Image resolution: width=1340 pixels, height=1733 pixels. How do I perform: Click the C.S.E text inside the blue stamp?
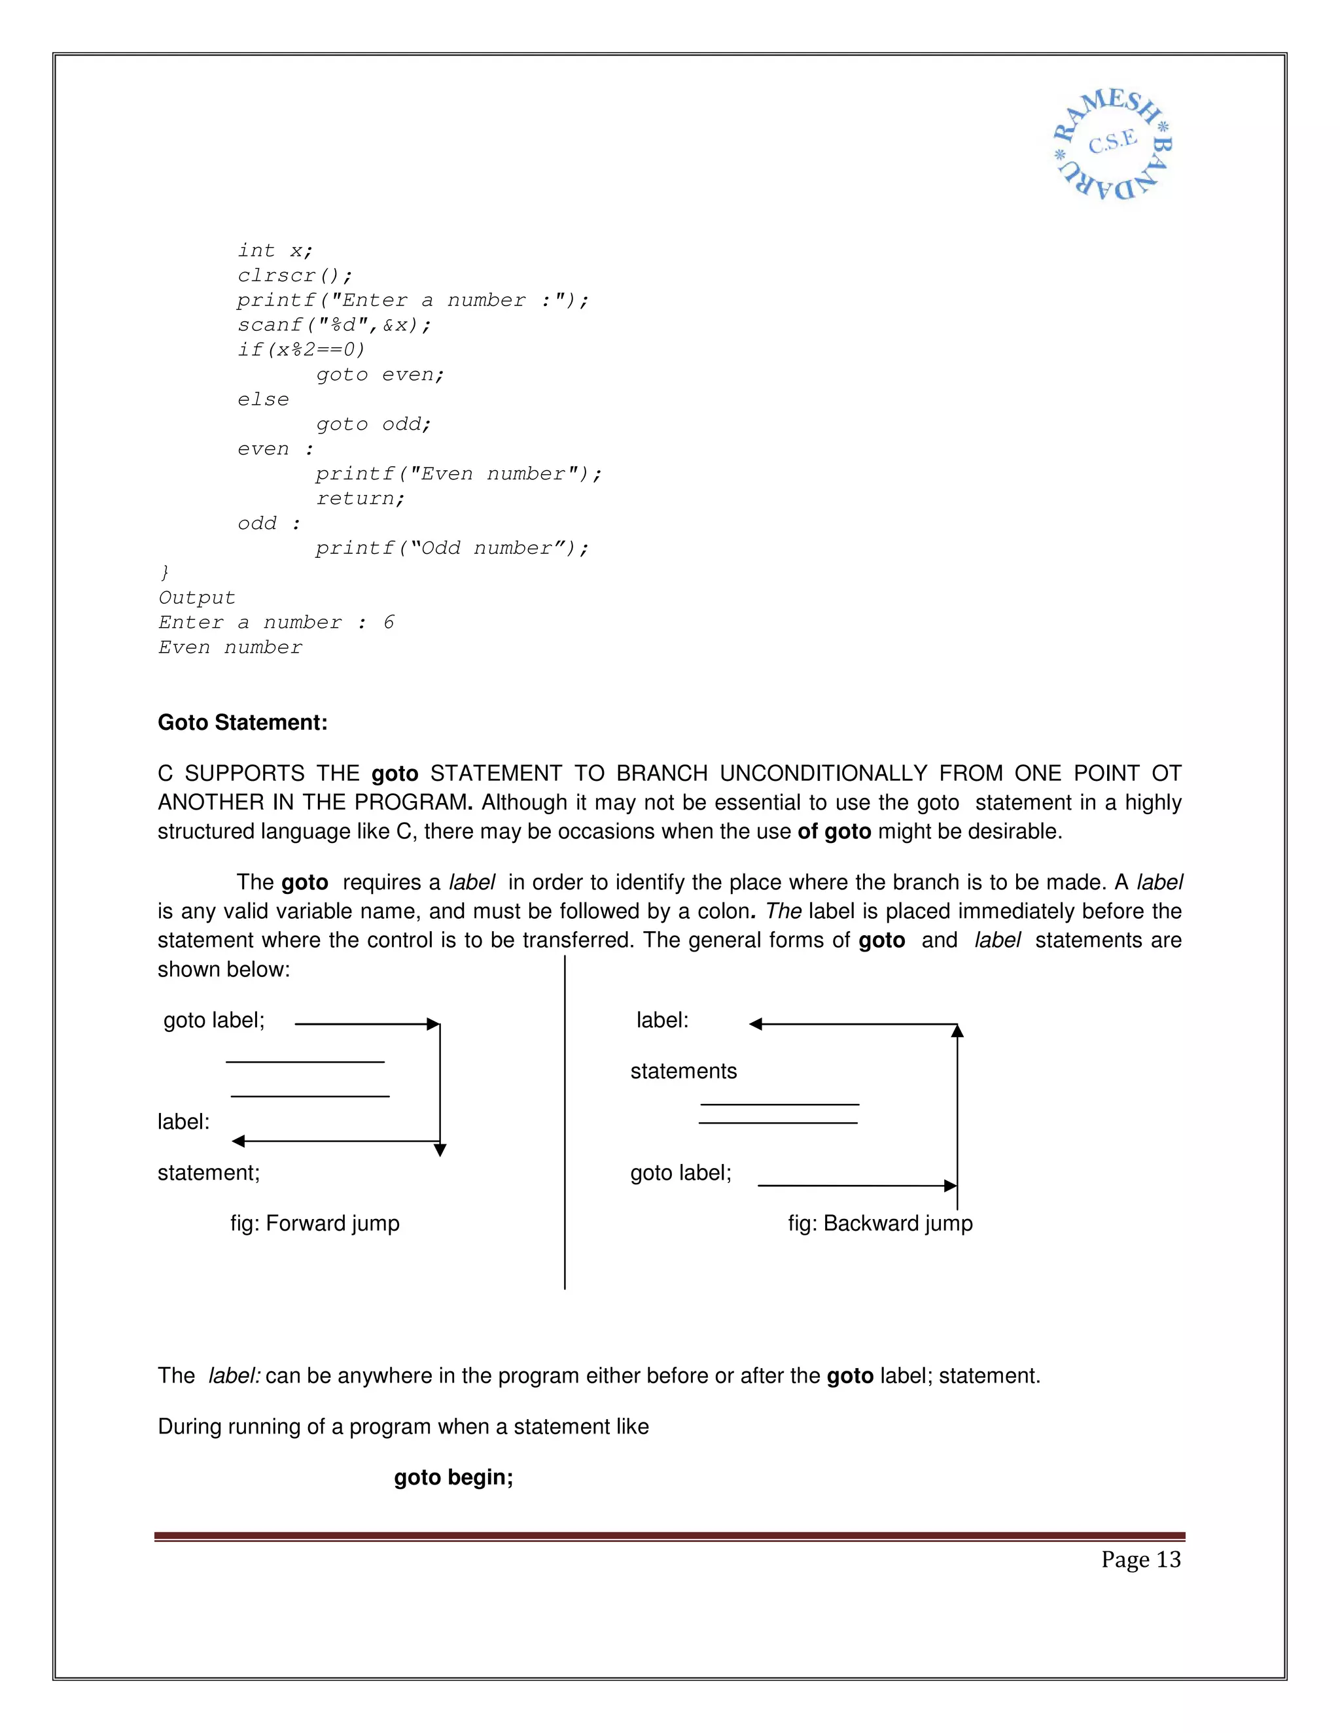1113,143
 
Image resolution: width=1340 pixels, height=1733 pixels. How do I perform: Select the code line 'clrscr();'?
294,275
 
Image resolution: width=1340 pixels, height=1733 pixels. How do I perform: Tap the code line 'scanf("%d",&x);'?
334,324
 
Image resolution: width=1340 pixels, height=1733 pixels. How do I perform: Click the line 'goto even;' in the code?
380,375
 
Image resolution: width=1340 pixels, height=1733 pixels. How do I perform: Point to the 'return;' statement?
361,498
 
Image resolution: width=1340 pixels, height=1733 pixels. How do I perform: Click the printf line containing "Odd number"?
451,548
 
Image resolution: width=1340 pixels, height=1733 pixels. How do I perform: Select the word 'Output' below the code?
197,598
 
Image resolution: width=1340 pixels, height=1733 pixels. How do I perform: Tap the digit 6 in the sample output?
388,622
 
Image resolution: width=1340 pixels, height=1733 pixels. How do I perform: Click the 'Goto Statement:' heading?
242,722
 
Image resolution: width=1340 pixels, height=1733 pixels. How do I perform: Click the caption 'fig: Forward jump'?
315,1223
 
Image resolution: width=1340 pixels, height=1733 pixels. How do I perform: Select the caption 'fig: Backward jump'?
879,1223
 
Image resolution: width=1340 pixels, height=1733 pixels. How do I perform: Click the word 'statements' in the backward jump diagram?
684,1071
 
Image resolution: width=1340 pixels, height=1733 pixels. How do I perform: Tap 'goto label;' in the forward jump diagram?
213,1020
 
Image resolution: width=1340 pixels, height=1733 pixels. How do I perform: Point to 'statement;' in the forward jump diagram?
209,1172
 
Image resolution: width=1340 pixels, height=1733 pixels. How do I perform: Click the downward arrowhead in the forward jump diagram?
440,1150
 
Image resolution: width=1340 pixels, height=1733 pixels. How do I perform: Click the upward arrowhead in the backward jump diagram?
957,1031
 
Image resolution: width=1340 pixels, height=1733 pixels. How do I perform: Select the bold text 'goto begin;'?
453,1477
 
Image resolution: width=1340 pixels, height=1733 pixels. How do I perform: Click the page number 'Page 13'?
1140,1559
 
